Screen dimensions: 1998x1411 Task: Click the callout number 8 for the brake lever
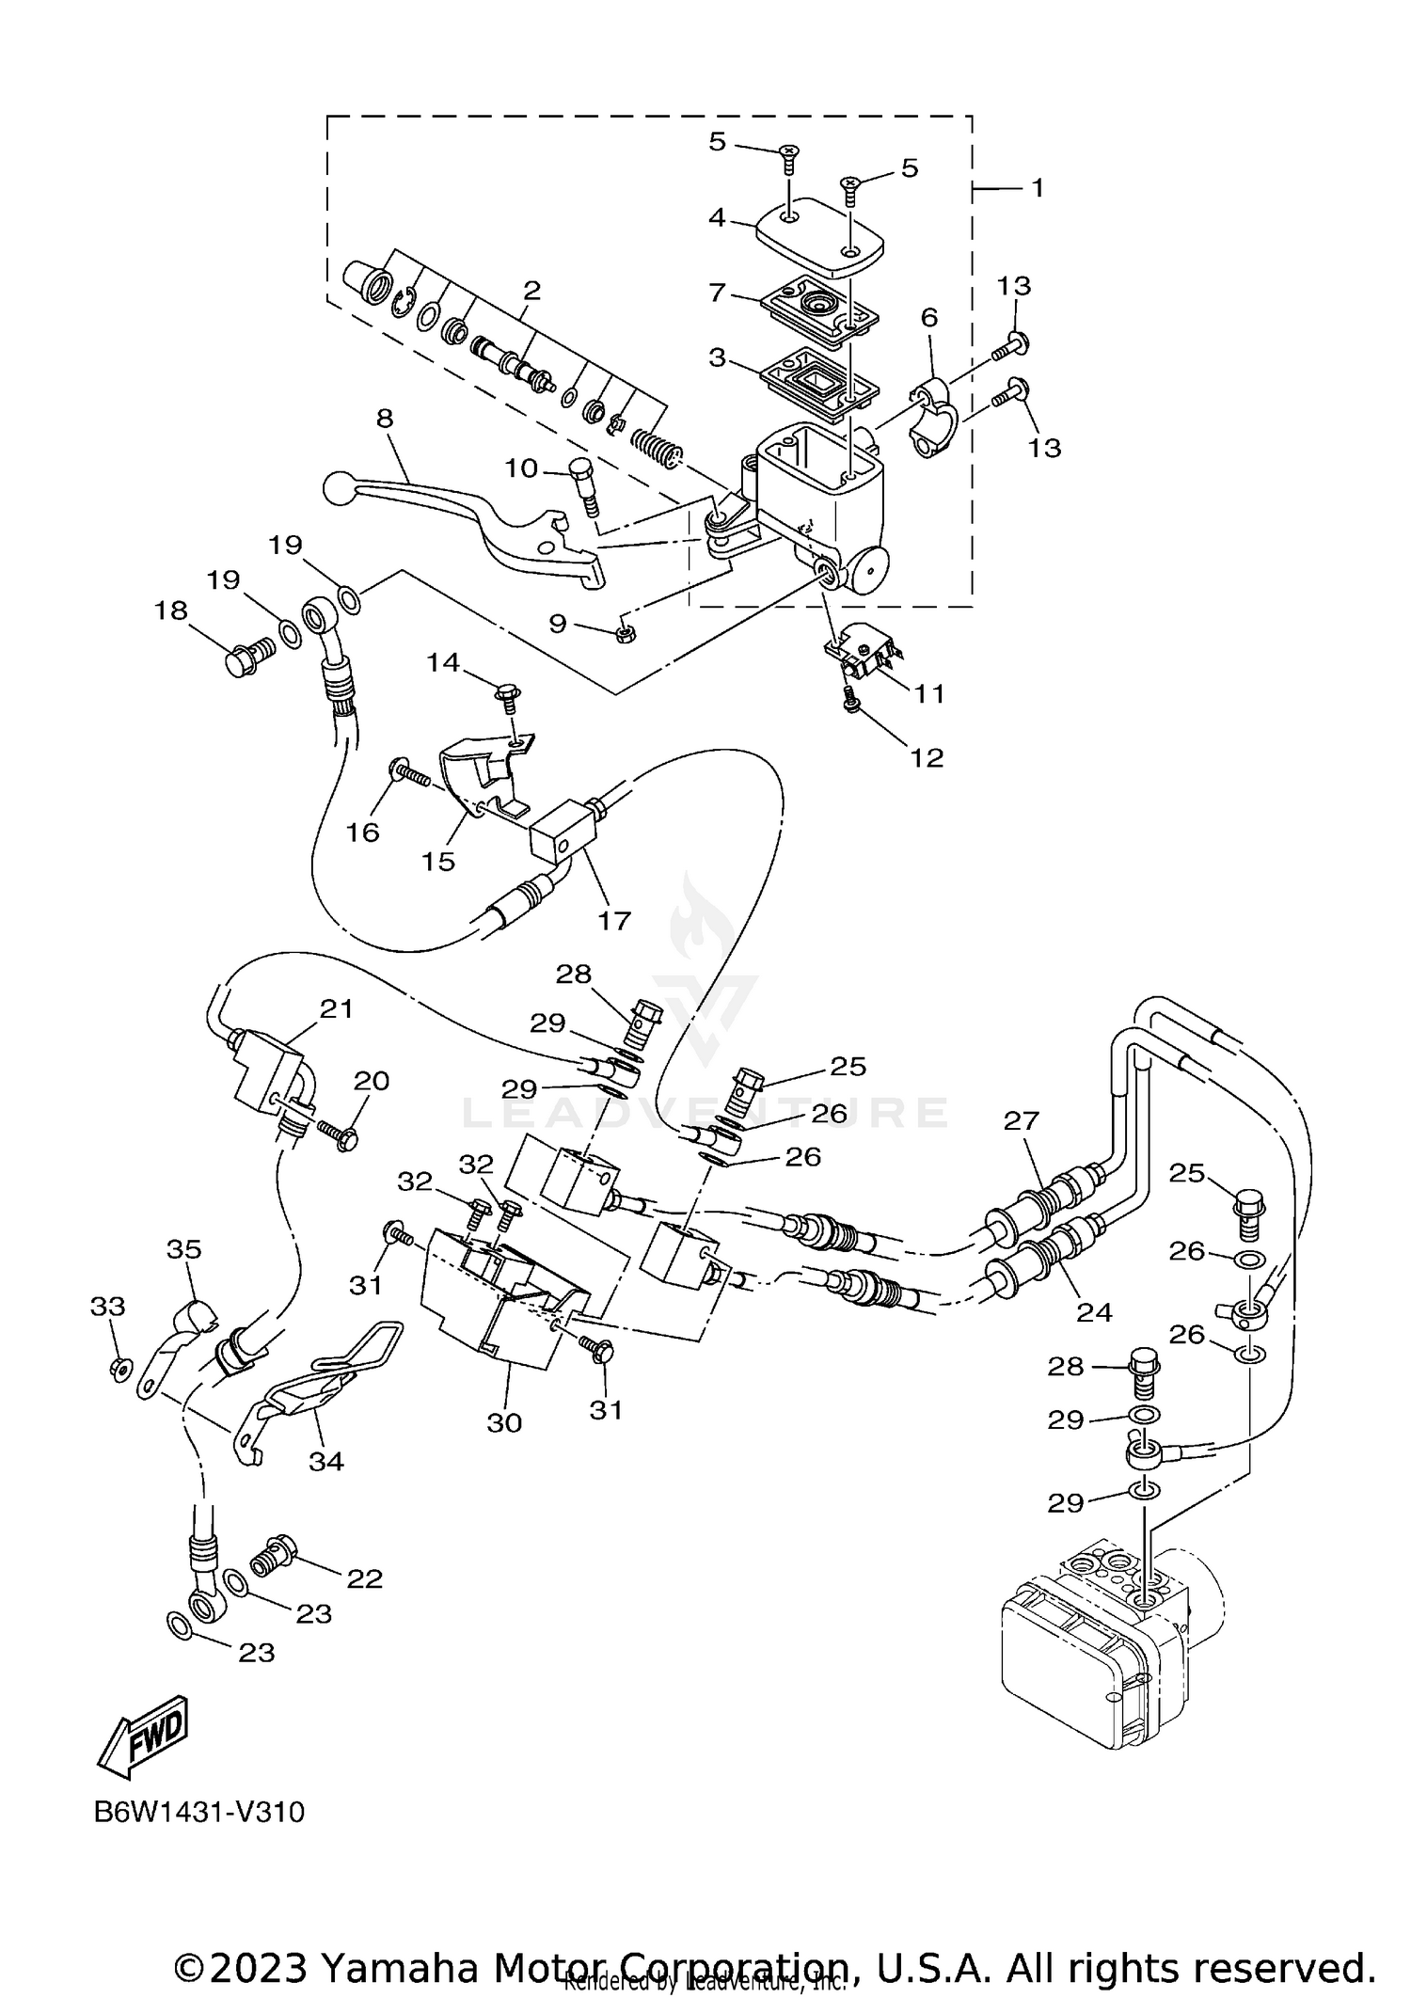pyautogui.click(x=384, y=418)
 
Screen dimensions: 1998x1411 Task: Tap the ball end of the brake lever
pyautogui.click(x=337, y=487)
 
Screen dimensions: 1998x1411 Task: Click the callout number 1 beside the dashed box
pyautogui.click(x=1038, y=188)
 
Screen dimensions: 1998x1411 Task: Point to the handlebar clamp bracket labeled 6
pyautogui.click(x=933, y=418)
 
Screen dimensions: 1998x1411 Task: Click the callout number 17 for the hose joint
pyautogui.click(x=614, y=919)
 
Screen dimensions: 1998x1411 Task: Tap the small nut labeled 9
pyautogui.click(x=625, y=636)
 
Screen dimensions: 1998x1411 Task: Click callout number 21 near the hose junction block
pyautogui.click(x=336, y=1009)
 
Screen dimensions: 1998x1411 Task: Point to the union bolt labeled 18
pyautogui.click(x=246, y=658)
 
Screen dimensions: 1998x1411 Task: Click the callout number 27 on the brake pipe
pyautogui.click(x=1022, y=1120)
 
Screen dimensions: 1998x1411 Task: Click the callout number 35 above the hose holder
pyautogui.click(x=184, y=1249)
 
